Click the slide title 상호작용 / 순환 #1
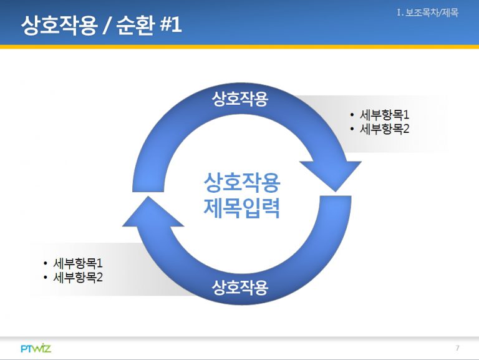pyautogui.click(x=102, y=24)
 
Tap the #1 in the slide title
pyautogui.click(x=171, y=24)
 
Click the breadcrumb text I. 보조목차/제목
pyautogui.click(x=428, y=12)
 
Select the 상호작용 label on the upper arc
pyautogui.click(x=239, y=99)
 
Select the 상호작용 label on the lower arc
pyautogui.click(x=239, y=287)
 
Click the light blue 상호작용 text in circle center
pyautogui.click(x=241, y=182)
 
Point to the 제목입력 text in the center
pyautogui.click(x=241, y=208)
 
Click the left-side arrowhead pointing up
pyautogui.click(x=152, y=212)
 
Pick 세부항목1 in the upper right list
pyautogui.click(x=384, y=115)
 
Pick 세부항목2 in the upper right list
pyautogui.click(x=384, y=129)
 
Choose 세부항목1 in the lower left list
pyautogui.click(x=78, y=263)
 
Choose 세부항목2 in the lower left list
pyautogui.click(x=78, y=277)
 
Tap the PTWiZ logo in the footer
pyautogui.click(x=36, y=348)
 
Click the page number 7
pyautogui.click(x=457, y=348)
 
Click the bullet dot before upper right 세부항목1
pyautogui.click(x=352, y=115)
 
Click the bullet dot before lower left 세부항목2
pyautogui.click(x=46, y=278)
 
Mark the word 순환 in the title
pyautogui.click(x=135, y=24)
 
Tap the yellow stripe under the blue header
pyautogui.click(x=239, y=47)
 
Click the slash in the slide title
pyautogui.click(x=106, y=25)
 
